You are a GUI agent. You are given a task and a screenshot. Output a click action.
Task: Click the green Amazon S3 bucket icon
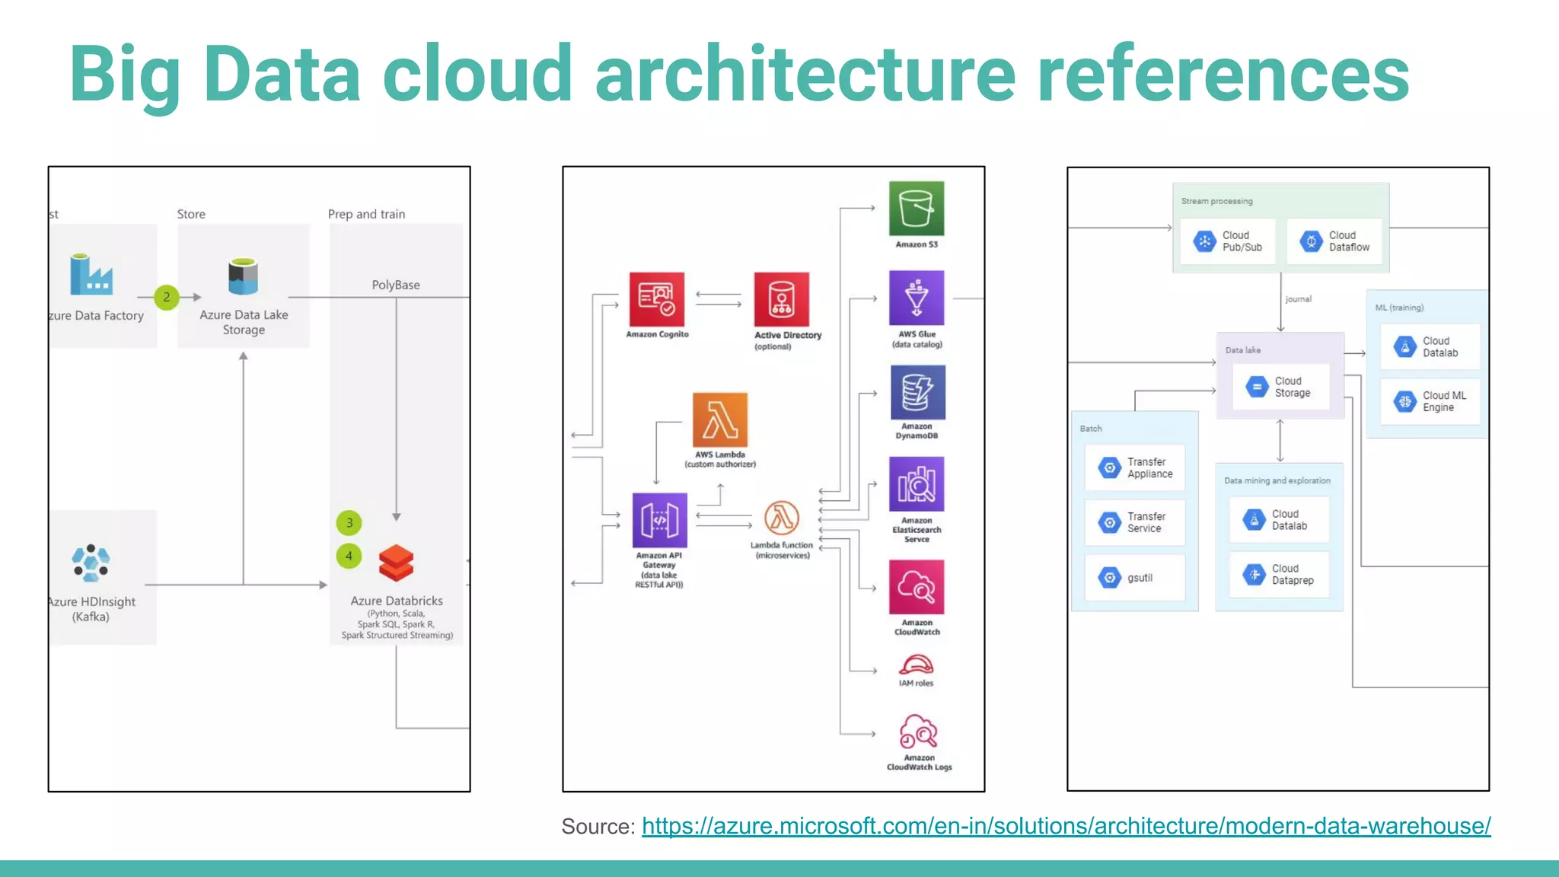[917, 209]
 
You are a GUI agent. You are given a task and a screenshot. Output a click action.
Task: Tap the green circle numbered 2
[167, 297]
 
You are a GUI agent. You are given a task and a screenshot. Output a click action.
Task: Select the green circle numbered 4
[349, 556]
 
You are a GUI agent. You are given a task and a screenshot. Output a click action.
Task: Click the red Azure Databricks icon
[396, 563]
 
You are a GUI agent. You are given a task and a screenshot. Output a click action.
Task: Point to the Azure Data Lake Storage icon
[243, 277]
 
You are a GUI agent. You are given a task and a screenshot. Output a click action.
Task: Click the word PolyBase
[396, 285]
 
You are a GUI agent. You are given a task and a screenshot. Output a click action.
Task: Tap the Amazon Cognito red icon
[657, 299]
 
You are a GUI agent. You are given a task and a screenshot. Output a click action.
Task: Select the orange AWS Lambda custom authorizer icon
[720, 420]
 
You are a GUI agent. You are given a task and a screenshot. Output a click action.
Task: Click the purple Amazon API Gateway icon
[660, 521]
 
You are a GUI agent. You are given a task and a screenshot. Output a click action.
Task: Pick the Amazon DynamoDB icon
[917, 392]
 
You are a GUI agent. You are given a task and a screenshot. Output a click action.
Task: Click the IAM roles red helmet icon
[916, 665]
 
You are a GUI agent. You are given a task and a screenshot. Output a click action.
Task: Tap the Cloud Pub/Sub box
[1228, 241]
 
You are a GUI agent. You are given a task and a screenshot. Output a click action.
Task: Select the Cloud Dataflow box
[1334, 241]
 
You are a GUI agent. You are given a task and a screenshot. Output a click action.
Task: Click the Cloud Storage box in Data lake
[1280, 387]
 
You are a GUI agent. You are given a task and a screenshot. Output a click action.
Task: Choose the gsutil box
[1135, 578]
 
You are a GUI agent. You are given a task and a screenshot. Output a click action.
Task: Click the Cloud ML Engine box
[1430, 401]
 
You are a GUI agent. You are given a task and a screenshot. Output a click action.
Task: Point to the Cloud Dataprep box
[1279, 574]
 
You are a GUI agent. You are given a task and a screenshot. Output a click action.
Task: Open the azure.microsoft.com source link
[1066, 826]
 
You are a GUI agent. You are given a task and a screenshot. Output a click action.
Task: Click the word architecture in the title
[805, 74]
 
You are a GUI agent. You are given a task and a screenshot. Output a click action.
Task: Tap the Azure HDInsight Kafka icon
[91, 563]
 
